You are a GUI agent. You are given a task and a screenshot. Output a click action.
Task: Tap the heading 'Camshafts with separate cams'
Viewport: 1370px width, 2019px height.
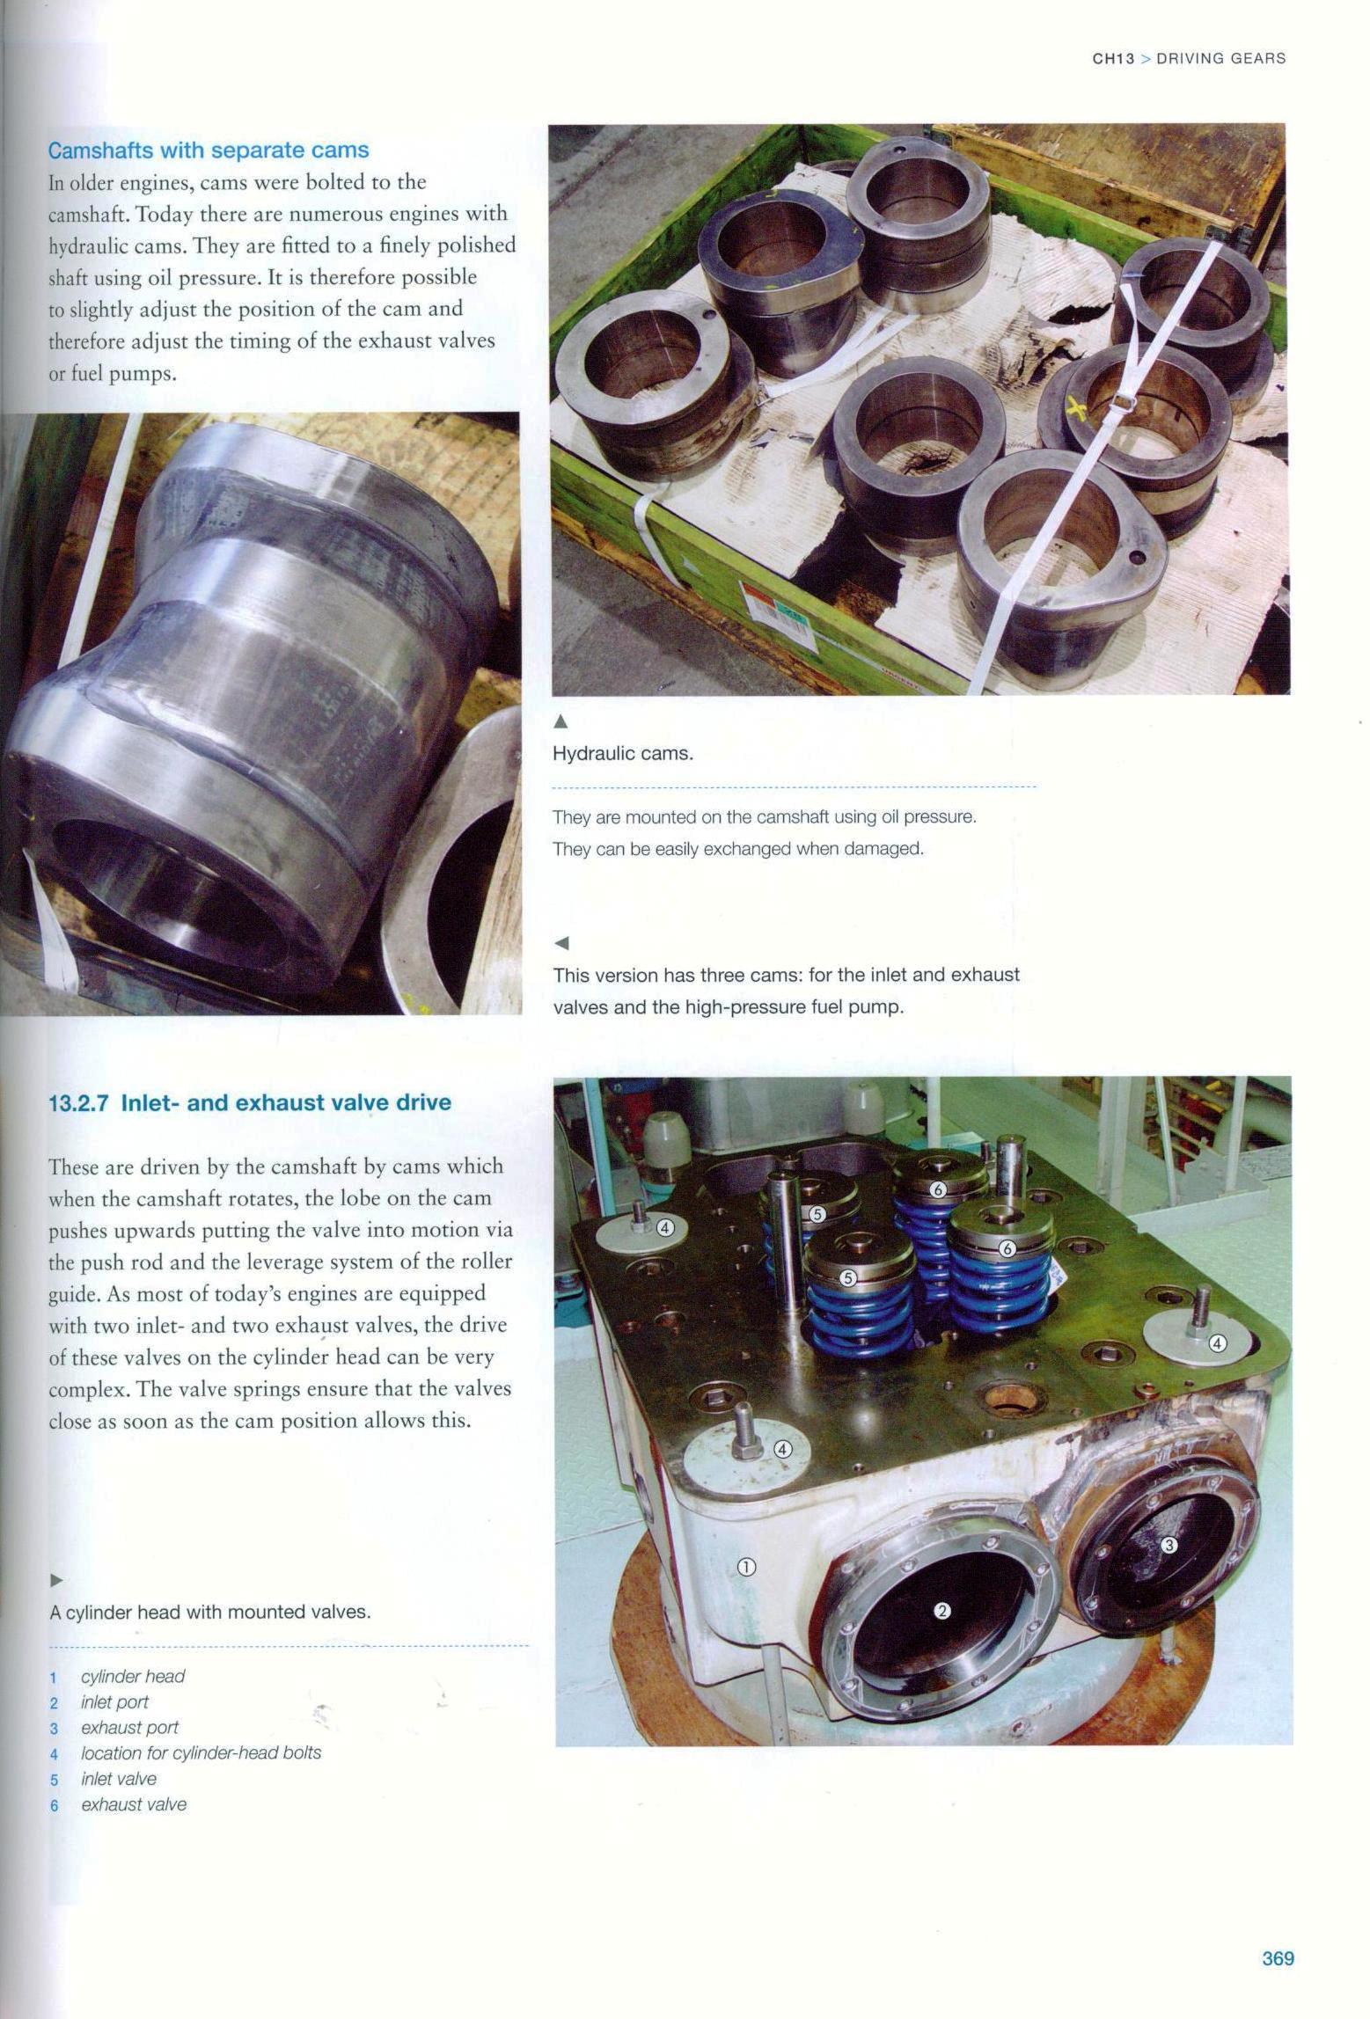[x=209, y=150]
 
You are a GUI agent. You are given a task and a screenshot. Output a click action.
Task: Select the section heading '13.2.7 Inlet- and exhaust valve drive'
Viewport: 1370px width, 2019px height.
[x=250, y=1102]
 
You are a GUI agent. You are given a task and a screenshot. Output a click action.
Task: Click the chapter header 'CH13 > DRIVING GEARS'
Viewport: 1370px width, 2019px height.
[x=1189, y=59]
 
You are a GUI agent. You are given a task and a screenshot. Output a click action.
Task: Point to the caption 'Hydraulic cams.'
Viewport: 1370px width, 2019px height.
[x=623, y=754]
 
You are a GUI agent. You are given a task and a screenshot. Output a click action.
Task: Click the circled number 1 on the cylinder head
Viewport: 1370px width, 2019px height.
[x=745, y=1566]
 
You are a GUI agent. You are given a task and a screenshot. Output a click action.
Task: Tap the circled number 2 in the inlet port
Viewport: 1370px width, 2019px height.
[x=941, y=1610]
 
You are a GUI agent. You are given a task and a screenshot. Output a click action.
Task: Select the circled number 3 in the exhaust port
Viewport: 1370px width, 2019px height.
[x=1169, y=1544]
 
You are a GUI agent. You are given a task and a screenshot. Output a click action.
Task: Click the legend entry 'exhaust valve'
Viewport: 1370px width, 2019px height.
[x=134, y=1804]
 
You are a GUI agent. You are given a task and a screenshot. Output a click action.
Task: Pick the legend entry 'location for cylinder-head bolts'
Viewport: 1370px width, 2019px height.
[x=201, y=1752]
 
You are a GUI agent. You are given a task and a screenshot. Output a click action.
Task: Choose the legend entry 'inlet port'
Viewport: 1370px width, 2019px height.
[x=114, y=1701]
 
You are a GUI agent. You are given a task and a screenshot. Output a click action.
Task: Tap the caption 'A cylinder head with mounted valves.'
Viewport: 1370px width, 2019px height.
[x=210, y=1613]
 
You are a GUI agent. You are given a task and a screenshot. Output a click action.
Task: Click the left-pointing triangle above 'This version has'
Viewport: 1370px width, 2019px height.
[x=561, y=943]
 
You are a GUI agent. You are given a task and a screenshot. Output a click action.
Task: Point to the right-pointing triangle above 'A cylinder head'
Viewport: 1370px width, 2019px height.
[x=56, y=1581]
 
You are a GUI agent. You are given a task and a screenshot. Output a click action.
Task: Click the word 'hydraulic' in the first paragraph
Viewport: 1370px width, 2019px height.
[x=87, y=245]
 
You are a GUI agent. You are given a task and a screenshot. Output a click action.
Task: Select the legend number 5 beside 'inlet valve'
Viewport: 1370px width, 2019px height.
[x=54, y=1779]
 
